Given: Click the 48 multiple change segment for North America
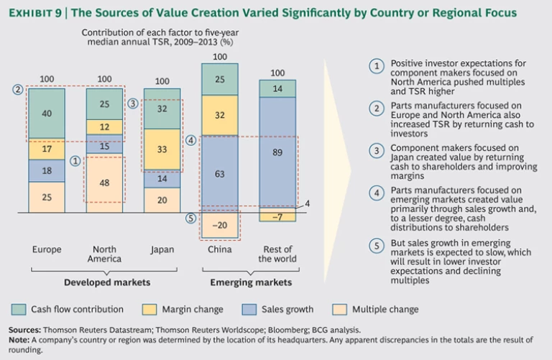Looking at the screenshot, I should coord(105,183).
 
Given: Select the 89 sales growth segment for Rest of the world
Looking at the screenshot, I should coord(277,152).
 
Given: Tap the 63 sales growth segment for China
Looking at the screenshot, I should coord(220,173).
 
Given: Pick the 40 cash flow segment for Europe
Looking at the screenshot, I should coord(47,114).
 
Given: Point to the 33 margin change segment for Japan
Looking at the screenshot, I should coord(162,149).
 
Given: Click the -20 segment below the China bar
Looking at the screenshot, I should coord(220,224).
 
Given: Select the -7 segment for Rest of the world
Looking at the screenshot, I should coord(277,216).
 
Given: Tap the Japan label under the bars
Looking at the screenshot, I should coord(162,250).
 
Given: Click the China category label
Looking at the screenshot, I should coord(220,250).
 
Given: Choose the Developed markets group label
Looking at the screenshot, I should coord(105,282).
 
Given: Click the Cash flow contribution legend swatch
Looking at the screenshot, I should coord(18,310).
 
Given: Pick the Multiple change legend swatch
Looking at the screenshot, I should coord(339,310).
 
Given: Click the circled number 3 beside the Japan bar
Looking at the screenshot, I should coord(133,103).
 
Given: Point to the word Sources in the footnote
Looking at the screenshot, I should coord(24,330).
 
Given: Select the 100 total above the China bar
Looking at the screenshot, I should coord(220,57).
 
